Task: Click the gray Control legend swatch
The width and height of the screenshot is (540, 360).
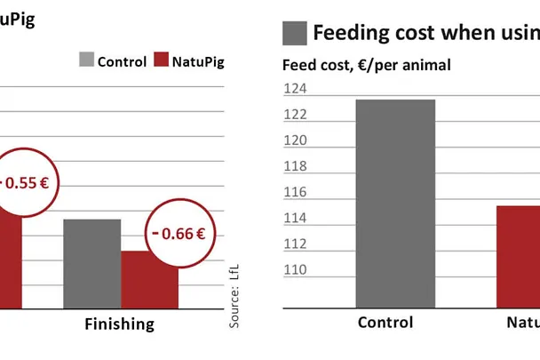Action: click(86, 60)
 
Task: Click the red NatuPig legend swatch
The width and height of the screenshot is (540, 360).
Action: click(161, 60)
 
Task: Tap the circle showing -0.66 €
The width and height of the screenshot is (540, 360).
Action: click(177, 235)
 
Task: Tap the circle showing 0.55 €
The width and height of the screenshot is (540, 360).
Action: click(22, 183)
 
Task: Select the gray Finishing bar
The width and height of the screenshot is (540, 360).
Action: click(91, 263)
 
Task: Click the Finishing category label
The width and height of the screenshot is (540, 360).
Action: click(119, 324)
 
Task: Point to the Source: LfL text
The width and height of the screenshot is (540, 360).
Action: click(234, 293)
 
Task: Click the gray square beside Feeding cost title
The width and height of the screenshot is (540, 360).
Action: click(295, 33)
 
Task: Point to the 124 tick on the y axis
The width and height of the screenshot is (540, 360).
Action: click(294, 89)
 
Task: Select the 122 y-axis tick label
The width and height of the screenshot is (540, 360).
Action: click(294, 115)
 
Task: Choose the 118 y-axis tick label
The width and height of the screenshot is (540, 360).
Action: click(294, 166)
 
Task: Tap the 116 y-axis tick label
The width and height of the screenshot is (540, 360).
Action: click(294, 192)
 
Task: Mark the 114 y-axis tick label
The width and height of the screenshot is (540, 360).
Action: click(294, 218)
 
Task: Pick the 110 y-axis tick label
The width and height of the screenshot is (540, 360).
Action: click(294, 269)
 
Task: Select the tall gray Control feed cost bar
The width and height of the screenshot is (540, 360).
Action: click(384, 204)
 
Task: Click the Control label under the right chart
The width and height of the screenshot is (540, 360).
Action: click(385, 323)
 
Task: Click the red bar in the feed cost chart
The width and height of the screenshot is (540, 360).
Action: click(517, 257)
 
